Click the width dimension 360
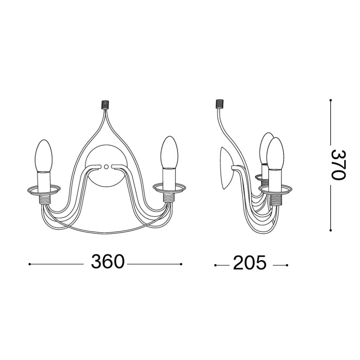107,262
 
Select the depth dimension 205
250,263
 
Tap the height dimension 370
337,165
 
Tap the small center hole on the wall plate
106,167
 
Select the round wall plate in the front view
106,176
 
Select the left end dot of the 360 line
29,264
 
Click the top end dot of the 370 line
331,100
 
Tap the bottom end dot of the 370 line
331,230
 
